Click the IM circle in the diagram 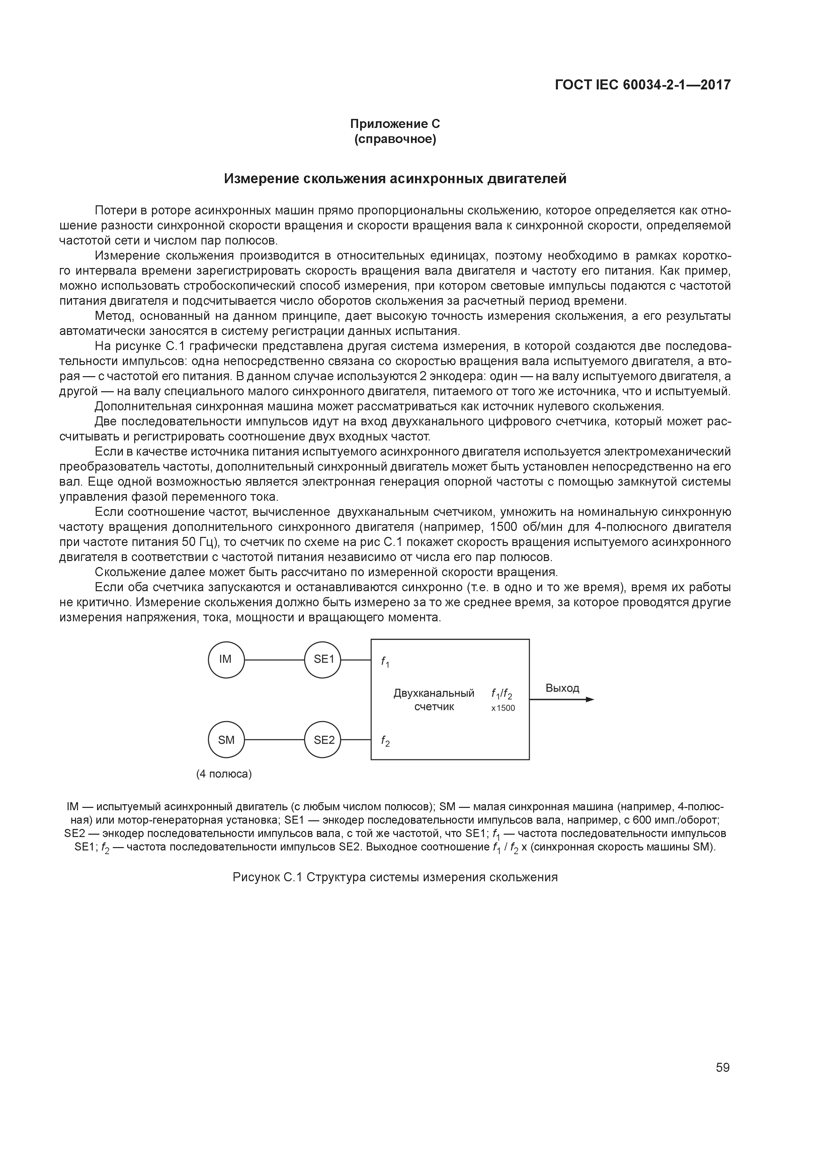[x=226, y=660]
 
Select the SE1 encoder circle [x=323, y=660]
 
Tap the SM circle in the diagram [x=226, y=740]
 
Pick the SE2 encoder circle [x=323, y=740]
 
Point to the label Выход [x=562, y=688]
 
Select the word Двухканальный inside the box [x=434, y=693]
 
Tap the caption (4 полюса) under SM [x=224, y=774]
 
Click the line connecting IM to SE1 [x=275, y=660]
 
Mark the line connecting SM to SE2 [x=275, y=740]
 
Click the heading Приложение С [x=395, y=124]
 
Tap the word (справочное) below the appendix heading [x=395, y=139]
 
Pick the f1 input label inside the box [x=385, y=662]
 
